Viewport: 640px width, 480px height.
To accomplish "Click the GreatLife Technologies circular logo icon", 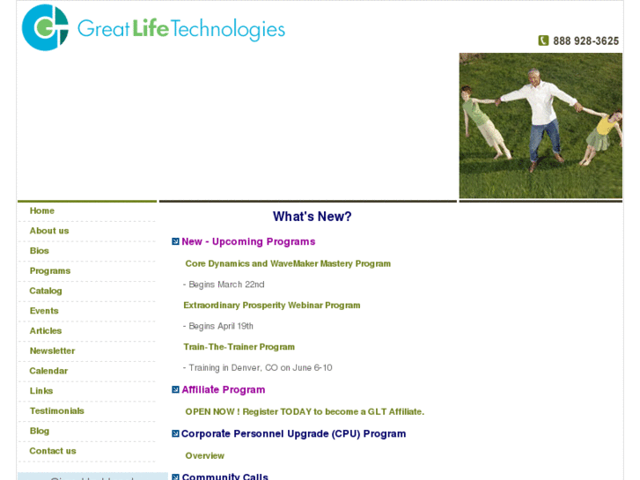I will click(x=45, y=27).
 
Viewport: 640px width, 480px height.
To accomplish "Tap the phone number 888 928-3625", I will click(x=585, y=41).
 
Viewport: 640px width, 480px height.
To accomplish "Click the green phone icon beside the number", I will click(x=543, y=41).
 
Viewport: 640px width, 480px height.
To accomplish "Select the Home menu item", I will click(x=42, y=211).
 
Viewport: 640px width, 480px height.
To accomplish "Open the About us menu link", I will click(x=49, y=231).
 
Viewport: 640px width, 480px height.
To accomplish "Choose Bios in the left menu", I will click(x=40, y=251).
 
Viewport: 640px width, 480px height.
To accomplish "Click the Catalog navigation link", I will click(x=46, y=291).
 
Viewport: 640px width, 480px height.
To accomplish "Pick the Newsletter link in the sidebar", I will click(x=52, y=351).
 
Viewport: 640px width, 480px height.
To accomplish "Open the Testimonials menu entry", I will click(x=57, y=411).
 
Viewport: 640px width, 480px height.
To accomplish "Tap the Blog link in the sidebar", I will click(x=40, y=431).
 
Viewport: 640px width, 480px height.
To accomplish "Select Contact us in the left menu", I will click(x=53, y=451).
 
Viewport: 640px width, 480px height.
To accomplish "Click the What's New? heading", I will click(x=312, y=217).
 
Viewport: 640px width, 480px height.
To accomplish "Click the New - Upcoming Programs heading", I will click(x=248, y=241).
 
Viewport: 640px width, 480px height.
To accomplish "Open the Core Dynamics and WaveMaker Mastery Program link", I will click(x=288, y=263).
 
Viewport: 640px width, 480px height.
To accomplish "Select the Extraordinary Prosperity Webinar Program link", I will click(x=272, y=306).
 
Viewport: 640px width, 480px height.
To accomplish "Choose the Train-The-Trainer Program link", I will click(x=239, y=347).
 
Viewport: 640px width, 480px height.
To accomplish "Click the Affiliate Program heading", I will click(x=224, y=389).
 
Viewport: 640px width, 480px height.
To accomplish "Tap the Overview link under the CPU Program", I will click(x=205, y=456).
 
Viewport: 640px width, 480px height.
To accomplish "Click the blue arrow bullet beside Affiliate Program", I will click(x=175, y=389).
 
